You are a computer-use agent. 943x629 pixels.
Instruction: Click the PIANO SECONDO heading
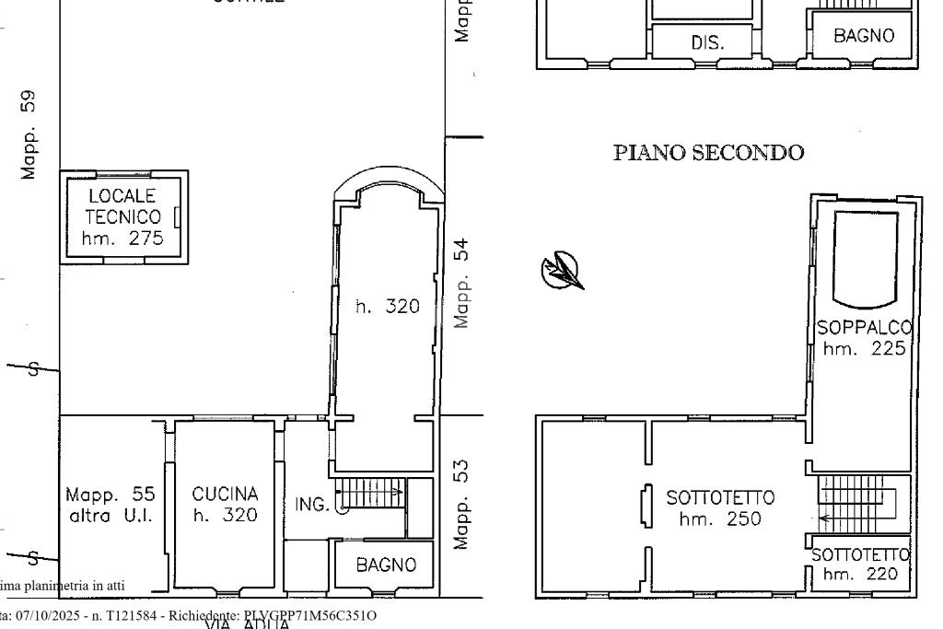[708, 153]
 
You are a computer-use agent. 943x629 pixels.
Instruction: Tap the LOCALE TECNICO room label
[122, 207]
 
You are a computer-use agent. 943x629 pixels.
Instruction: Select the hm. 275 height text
[122, 239]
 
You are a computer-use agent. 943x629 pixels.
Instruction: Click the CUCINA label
[225, 495]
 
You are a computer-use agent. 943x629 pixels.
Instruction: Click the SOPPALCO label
[864, 328]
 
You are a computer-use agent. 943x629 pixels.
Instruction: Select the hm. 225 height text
[864, 349]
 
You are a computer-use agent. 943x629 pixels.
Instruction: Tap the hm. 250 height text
[720, 519]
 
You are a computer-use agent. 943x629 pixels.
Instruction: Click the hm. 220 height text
[860, 575]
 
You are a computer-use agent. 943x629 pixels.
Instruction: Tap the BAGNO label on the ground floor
[386, 565]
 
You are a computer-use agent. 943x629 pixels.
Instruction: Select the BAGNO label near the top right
[864, 36]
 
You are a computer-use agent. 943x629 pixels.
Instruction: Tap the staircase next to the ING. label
[370, 494]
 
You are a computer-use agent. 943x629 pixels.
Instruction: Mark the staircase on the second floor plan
[856, 504]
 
